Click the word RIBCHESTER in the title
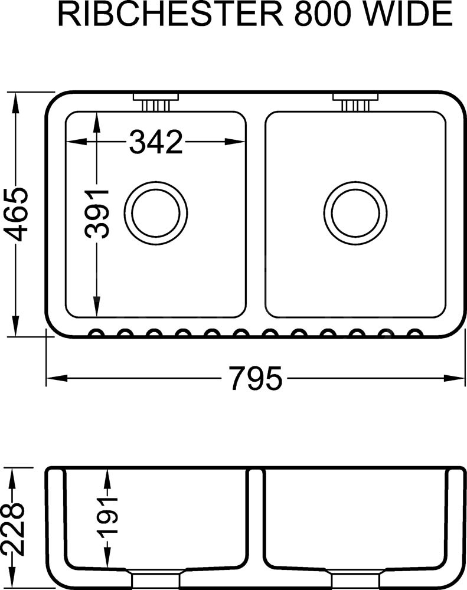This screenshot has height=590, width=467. [x=170, y=14]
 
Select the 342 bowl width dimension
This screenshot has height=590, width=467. [x=155, y=142]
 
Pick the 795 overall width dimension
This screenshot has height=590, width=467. [x=256, y=378]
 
